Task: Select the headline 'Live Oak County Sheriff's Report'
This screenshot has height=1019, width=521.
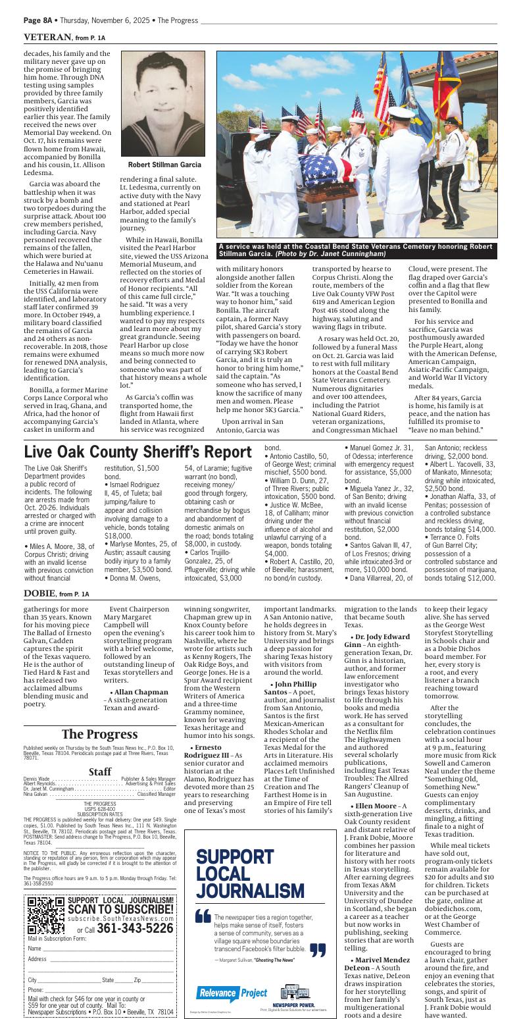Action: (x=137, y=452)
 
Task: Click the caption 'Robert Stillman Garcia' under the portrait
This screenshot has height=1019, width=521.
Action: (x=164, y=165)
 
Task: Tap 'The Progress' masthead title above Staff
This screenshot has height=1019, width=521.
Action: (x=99, y=734)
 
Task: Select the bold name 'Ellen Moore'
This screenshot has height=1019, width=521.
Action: (x=376, y=806)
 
